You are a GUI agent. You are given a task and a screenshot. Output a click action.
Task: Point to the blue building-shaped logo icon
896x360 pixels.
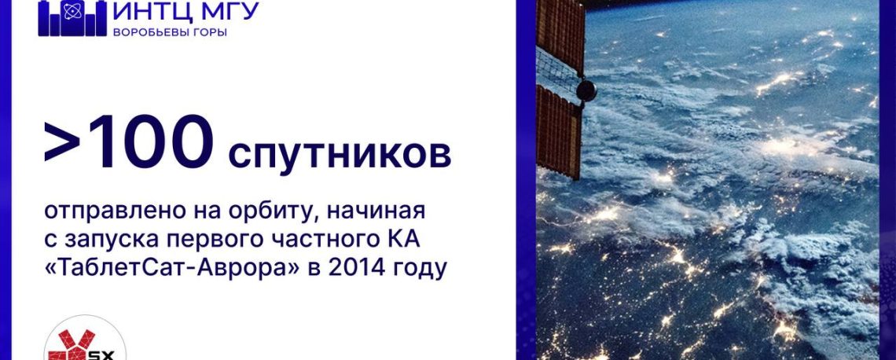pyautogui.click(x=72, y=18)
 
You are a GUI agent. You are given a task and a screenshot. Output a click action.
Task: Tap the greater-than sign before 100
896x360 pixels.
pyautogui.click(x=61, y=144)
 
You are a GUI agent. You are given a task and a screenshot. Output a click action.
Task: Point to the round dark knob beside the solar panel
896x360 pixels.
pyautogui.click(x=586, y=90)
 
